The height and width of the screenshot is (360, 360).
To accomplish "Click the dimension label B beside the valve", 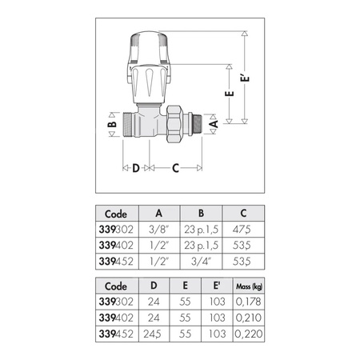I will click(113, 126).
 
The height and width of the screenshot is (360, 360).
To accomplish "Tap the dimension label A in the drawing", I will click(213, 125).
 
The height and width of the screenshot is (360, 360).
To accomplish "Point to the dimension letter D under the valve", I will click(135, 168).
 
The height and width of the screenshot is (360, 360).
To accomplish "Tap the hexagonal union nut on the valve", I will click(177, 124).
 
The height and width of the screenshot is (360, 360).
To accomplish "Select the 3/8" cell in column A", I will click(160, 229).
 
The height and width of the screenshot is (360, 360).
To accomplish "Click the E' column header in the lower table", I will click(218, 286).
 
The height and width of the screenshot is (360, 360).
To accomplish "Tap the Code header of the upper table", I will click(116, 214).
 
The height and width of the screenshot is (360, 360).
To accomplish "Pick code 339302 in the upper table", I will click(116, 229).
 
